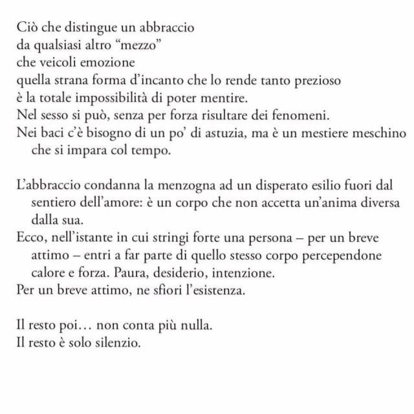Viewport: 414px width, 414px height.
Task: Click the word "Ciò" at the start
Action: tap(27, 30)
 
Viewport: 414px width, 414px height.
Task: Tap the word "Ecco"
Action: tap(29, 237)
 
